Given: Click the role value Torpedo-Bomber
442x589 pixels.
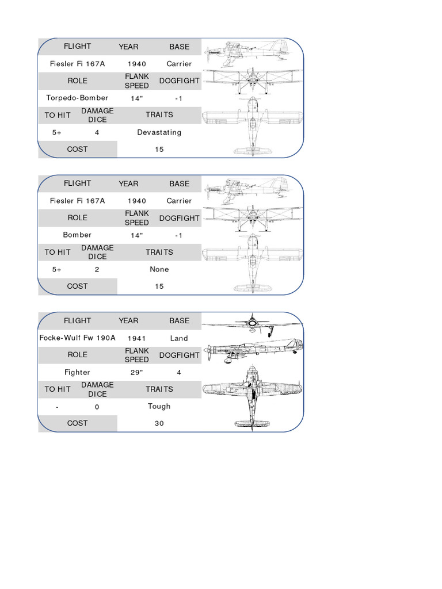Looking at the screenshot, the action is click(x=77, y=98).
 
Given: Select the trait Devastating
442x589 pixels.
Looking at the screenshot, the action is click(x=159, y=132).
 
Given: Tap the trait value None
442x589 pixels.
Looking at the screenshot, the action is click(x=159, y=269).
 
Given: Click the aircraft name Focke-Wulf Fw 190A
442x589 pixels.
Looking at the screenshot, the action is click(x=77, y=338).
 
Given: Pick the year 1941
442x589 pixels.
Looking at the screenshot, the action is click(x=137, y=338).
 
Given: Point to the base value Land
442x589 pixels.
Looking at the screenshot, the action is click(x=179, y=338).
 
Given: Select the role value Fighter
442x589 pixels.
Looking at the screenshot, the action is click(x=77, y=372).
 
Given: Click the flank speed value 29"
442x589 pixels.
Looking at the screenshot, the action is click(x=137, y=372).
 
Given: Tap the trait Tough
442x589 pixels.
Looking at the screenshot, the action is click(x=159, y=406).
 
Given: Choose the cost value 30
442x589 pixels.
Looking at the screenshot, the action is click(x=159, y=423).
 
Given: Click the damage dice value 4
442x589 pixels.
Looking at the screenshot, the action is click(x=97, y=132).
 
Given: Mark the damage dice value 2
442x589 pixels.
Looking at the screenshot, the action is click(x=97, y=269).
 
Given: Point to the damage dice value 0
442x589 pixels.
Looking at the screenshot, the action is click(x=97, y=407).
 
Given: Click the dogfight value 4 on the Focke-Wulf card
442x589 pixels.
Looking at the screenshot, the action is click(x=179, y=372).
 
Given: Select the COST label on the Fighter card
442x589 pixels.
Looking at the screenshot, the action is click(x=77, y=423).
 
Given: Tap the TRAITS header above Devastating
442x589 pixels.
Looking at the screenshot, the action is click(x=159, y=114).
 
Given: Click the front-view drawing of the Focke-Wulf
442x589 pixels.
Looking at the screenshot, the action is click(x=252, y=324).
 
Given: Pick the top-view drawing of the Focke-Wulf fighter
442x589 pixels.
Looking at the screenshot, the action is click(x=252, y=397).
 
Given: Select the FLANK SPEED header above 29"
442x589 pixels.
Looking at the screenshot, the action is click(x=137, y=355).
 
